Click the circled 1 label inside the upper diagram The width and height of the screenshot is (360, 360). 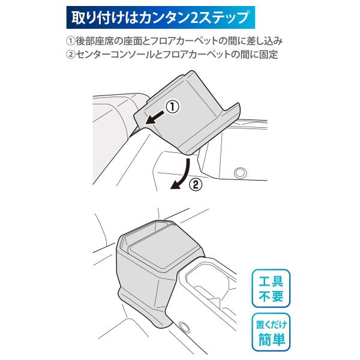coord(171,107)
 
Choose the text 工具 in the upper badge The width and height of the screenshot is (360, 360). coord(271,281)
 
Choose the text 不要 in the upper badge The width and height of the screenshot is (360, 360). coord(271,296)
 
